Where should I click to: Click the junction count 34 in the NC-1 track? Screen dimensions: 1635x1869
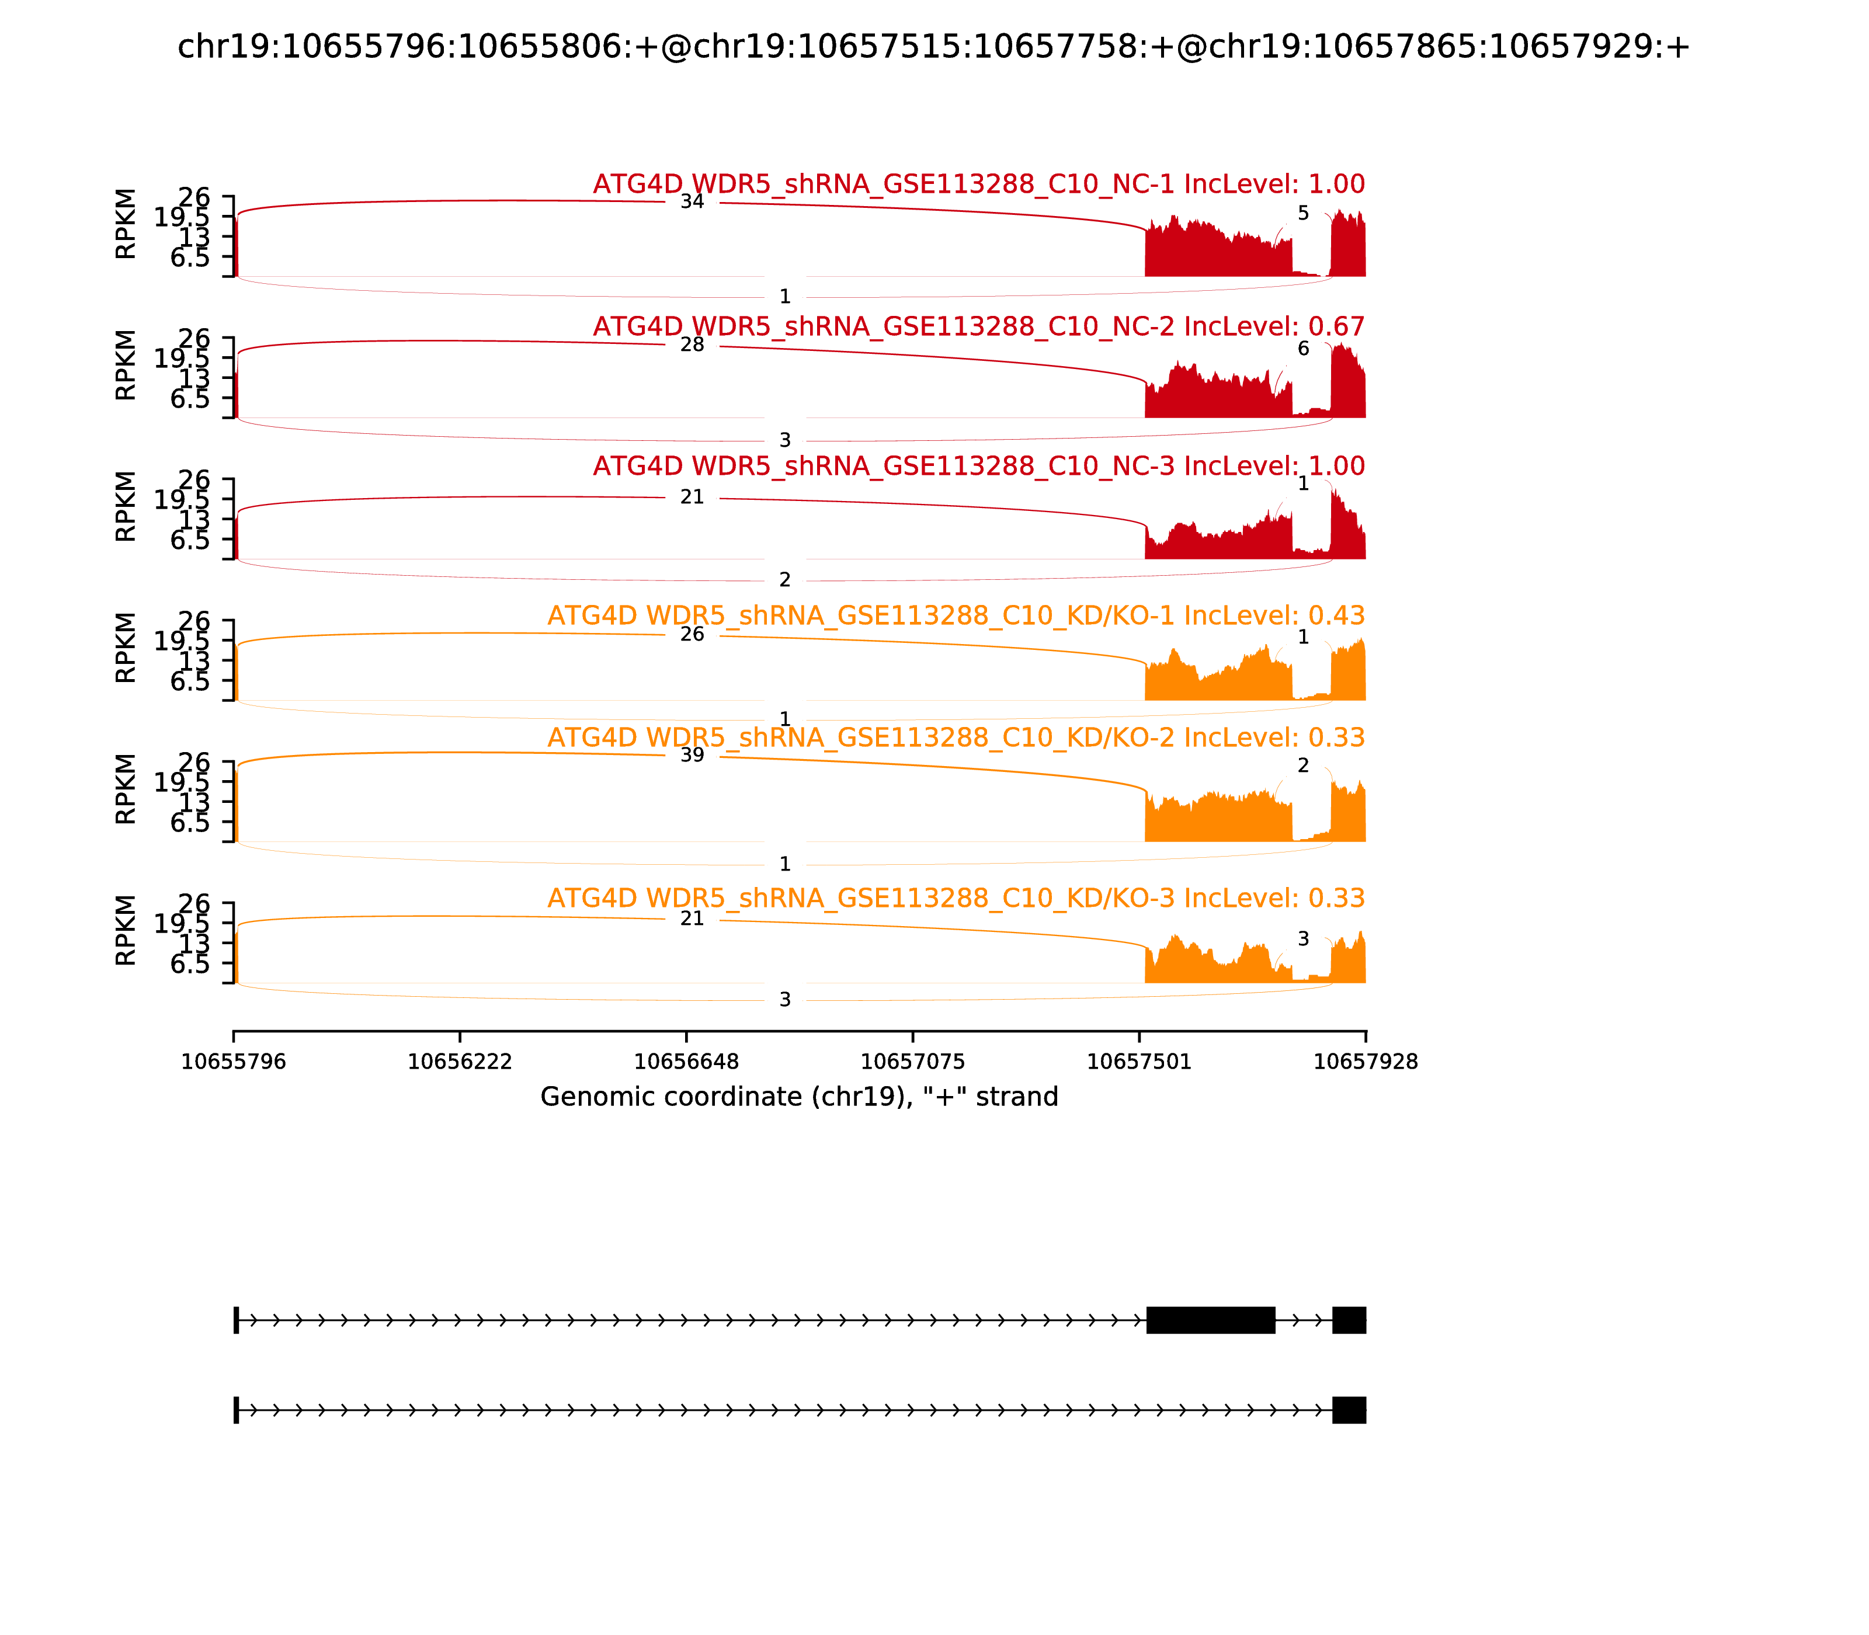(692, 201)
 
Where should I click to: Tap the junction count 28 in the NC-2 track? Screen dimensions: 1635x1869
(692, 345)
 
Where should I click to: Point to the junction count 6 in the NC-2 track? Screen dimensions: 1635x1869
(1303, 349)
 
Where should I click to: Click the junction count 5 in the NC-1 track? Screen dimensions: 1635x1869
(1303, 214)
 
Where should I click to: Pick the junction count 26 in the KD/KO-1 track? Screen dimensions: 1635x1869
(692, 634)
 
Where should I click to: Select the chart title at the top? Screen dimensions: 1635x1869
(933, 47)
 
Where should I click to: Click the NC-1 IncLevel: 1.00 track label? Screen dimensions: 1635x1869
(978, 185)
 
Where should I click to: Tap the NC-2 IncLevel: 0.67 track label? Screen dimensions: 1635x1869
(978, 326)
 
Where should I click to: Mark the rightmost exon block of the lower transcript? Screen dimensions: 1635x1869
(1349, 1410)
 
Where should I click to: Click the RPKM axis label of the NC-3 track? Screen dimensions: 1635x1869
(126, 506)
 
